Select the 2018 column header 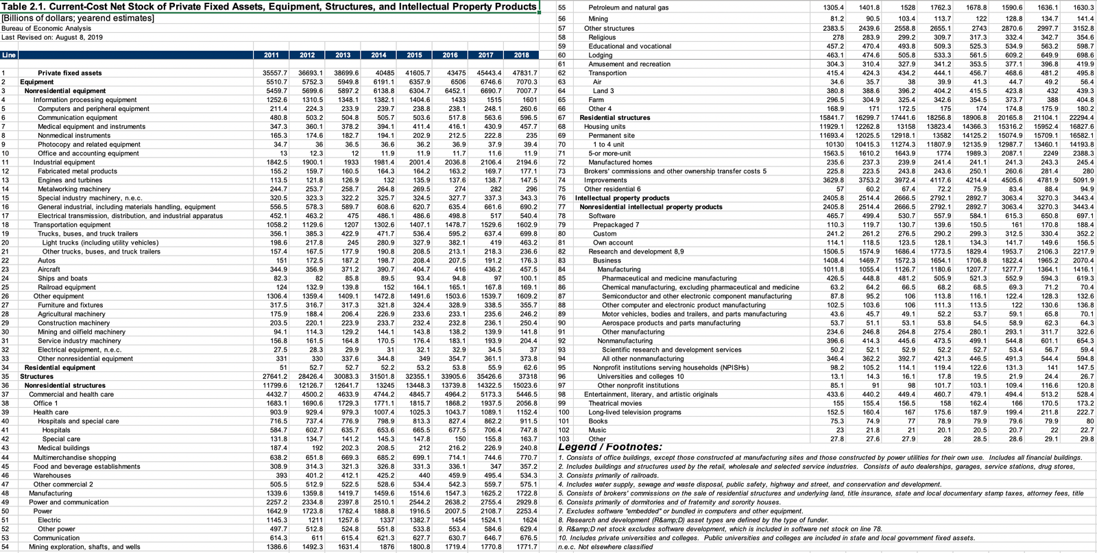522,55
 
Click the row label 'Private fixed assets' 70,73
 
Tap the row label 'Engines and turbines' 69,180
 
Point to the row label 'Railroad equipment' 67,287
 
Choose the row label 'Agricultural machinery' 72,314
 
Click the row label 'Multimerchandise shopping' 75,457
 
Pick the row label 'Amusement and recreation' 629,64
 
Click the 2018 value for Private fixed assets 525,73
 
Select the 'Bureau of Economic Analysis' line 46,28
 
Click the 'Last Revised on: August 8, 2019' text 52,37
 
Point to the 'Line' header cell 9,55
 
